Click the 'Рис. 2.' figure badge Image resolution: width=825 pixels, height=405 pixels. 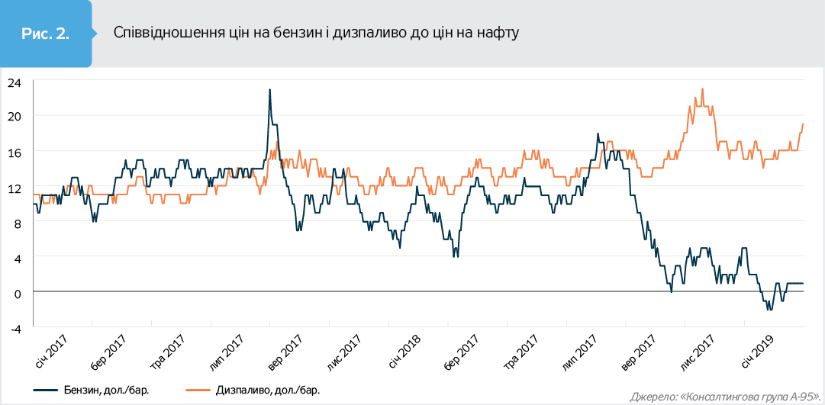pyautogui.click(x=46, y=33)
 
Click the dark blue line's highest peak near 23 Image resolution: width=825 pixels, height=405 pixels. pyautogui.click(x=269, y=90)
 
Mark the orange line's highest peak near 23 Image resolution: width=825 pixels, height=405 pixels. pyautogui.click(x=702, y=89)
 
